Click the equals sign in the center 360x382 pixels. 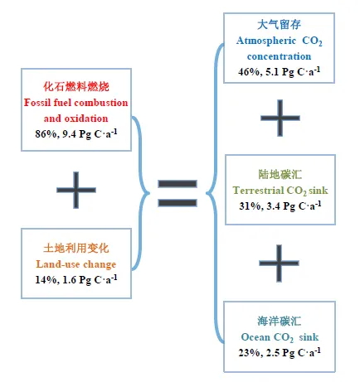coord(178,193)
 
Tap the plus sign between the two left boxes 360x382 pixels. coord(76,190)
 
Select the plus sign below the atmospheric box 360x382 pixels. coord(280,118)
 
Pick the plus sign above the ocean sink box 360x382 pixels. coord(279,263)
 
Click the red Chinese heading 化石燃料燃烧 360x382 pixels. coord(76,86)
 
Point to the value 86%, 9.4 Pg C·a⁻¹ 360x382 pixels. coord(76,133)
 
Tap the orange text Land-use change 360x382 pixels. coord(76,264)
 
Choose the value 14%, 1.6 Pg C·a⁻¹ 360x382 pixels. coord(76,279)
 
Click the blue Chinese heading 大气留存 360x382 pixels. coord(279,25)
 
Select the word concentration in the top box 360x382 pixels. coord(279,56)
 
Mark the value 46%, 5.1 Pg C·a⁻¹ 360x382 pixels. coord(280,72)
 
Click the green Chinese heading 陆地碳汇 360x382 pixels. coord(280,175)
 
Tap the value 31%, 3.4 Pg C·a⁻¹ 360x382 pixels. coord(280,206)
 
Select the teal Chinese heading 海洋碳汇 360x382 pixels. coord(280,322)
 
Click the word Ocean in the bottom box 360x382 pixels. coord(255,337)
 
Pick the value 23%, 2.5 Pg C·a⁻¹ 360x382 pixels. coord(280,352)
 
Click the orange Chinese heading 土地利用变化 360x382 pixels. coord(76,249)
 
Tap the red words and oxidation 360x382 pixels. coord(76,118)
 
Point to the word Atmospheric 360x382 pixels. coord(266,41)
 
